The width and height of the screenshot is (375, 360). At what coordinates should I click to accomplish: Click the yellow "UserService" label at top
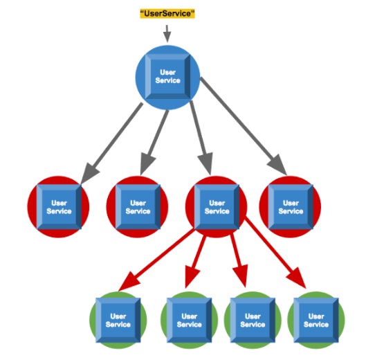coord(167,13)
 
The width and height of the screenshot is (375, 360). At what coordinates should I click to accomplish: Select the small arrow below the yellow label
coord(167,33)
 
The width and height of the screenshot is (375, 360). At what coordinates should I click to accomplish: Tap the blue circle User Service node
coord(167,77)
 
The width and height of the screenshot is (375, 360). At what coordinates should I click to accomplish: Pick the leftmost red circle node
coord(58,207)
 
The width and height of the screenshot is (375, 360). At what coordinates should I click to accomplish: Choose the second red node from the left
coord(137,207)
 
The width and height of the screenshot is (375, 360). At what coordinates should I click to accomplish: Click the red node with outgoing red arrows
coord(216,207)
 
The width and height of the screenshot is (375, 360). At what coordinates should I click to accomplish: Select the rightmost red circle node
coord(290,207)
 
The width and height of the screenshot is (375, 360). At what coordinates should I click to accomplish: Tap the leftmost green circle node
coord(118,320)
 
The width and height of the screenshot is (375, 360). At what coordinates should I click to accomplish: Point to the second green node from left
coord(189,320)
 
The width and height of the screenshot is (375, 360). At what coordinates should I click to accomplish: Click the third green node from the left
coord(253,320)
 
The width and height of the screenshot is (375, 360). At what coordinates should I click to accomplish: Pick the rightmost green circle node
coord(316,320)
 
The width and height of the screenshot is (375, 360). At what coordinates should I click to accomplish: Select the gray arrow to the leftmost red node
coord(111,143)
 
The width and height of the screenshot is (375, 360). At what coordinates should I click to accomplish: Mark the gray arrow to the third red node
coord(201,138)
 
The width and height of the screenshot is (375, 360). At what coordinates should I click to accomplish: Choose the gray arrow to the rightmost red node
coord(244,126)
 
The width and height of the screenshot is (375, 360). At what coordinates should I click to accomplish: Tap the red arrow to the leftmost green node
coord(156,260)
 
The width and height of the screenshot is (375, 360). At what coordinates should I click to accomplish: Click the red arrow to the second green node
coord(195,262)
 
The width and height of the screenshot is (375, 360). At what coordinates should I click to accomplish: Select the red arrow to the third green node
coord(239,261)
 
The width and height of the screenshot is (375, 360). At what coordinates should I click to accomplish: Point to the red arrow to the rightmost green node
coord(275,253)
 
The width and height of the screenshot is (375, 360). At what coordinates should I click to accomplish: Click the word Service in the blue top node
coord(167,80)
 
